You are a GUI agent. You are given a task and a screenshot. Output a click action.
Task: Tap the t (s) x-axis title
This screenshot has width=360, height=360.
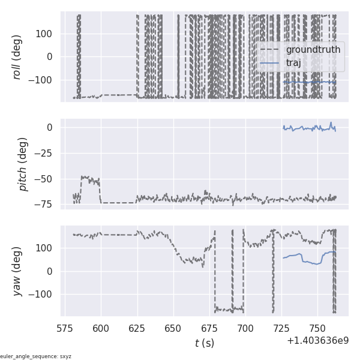pos(204,343)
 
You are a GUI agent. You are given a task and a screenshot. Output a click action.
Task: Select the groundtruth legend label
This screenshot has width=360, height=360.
pos(313,50)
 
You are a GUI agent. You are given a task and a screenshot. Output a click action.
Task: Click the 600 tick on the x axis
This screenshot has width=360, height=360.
pos(101,328)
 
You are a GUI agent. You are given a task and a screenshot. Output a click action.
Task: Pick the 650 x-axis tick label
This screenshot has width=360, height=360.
pos(173,328)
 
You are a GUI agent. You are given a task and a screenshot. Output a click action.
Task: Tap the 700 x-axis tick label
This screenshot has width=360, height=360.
pos(245,328)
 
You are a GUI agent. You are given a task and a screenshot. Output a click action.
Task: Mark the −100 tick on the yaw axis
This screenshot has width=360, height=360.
pos(43,294)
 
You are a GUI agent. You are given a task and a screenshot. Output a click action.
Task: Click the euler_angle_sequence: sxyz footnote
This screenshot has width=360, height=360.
pos(36,356)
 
